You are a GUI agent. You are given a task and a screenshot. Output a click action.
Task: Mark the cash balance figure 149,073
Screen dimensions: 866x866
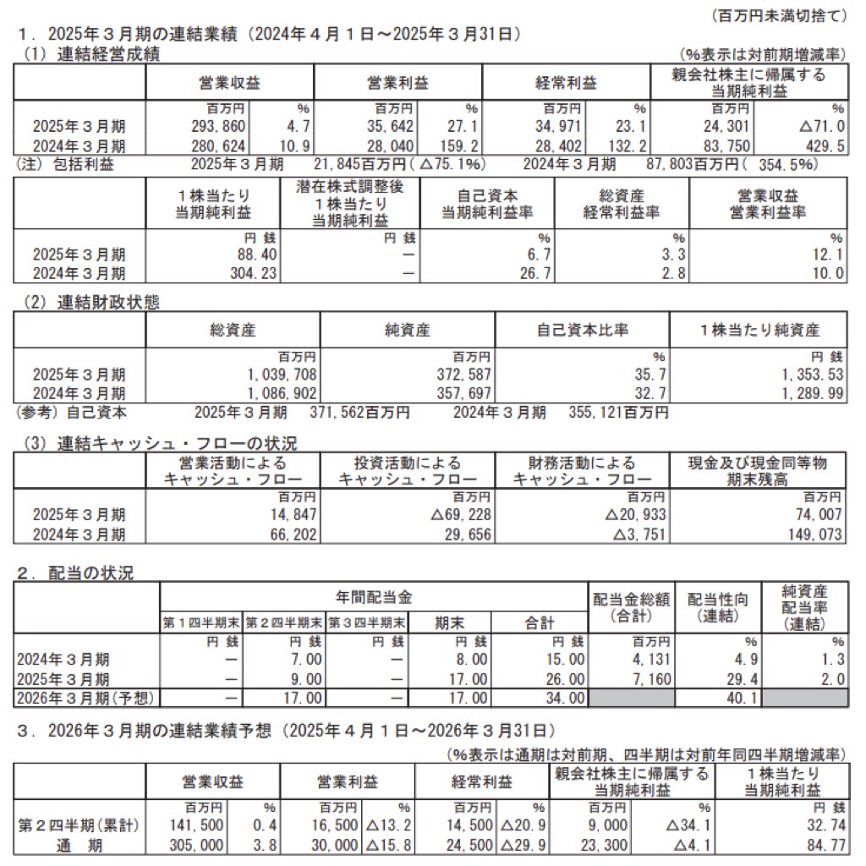coord(815,534)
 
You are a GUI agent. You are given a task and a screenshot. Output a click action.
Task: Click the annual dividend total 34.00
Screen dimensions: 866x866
coord(562,698)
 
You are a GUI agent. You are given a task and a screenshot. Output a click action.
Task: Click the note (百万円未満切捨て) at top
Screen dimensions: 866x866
coord(781,15)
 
